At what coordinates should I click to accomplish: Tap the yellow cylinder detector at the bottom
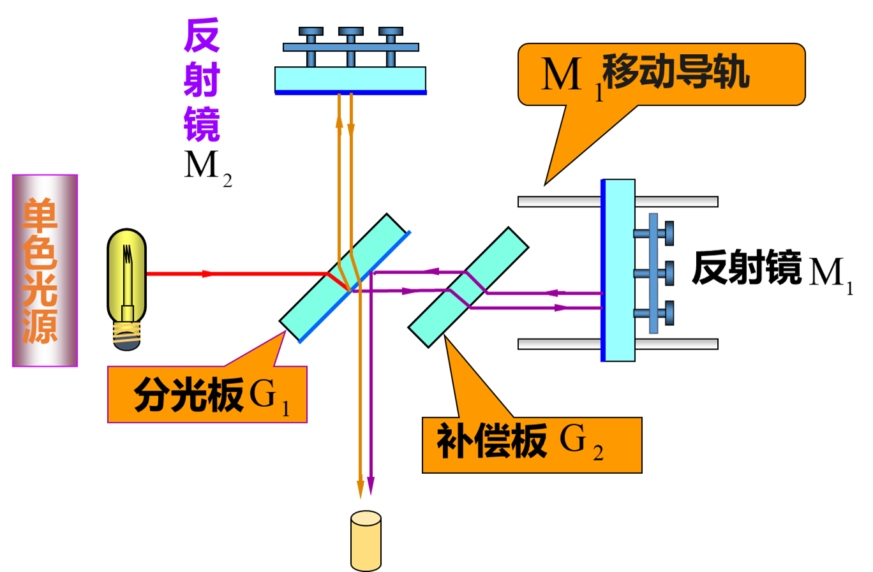point(366,541)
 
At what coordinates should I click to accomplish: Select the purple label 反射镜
point(202,80)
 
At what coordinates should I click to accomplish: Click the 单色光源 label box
point(45,270)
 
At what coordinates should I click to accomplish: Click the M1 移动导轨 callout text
point(645,73)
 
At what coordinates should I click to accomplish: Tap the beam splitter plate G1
point(345,278)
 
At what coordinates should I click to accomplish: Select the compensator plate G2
point(468,287)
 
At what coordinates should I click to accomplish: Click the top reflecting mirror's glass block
point(350,79)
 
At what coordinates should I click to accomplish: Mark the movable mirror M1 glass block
point(619,270)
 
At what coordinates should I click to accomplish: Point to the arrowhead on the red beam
point(207,274)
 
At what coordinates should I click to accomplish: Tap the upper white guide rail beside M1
point(676,202)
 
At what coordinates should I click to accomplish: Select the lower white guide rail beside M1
point(676,344)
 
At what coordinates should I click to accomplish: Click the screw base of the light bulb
point(127,334)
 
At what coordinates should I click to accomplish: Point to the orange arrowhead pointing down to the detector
point(361,490)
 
